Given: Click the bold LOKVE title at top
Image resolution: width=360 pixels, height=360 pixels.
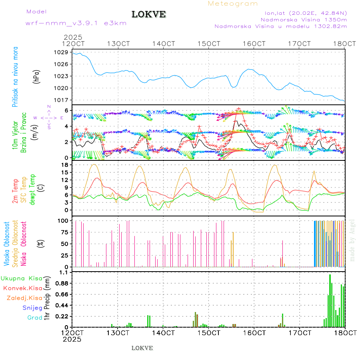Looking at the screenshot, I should point(149,14).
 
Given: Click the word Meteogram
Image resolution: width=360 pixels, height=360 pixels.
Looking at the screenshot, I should point(233,4).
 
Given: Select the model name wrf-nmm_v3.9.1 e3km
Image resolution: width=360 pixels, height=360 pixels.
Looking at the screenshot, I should point(76,23).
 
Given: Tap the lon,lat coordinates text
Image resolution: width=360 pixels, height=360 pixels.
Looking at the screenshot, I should point(303,12).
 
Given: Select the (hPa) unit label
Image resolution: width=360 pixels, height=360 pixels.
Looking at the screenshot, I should point(36,76).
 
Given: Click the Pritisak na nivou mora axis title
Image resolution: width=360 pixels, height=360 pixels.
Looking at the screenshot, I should point(15,76).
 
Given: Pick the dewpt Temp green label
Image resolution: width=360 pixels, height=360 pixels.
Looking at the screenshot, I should point(32,188).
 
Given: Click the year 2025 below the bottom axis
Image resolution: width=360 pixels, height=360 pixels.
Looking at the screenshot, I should point(72,339).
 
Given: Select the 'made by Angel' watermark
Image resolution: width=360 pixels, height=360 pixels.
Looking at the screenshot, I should point(352,240).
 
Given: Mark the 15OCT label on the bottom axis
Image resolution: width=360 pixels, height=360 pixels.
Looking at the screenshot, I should point(209,333).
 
